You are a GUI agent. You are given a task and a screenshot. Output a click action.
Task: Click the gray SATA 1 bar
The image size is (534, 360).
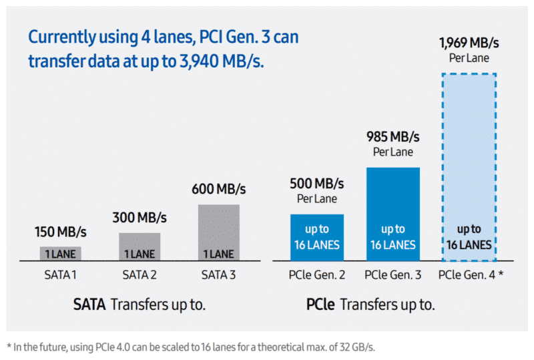[x=61, y=253]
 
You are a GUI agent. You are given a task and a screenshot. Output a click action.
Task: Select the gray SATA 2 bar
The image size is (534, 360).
[x=140, y=246]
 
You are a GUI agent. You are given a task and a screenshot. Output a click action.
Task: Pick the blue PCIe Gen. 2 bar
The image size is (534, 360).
[x=316, y=237]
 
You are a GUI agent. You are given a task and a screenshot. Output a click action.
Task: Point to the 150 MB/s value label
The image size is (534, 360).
[x=61, y=232]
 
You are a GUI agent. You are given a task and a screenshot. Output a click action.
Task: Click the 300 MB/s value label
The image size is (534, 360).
[x=140, y=218]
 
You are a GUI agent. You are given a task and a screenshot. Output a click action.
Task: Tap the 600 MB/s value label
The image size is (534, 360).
[x=219, y=189]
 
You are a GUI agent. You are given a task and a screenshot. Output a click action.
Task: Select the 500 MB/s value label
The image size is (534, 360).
[x=316, y=183]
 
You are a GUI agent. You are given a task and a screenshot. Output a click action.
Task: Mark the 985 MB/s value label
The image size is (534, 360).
[x=392, y=137]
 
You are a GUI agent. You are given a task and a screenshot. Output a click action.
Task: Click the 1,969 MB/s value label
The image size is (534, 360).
[x=469, y=43]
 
